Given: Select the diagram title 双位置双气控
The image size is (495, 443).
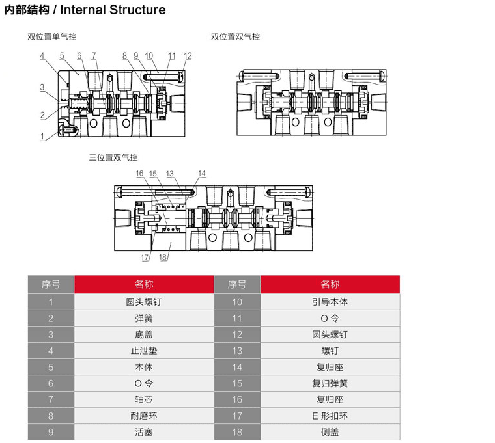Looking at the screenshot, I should (235, 37).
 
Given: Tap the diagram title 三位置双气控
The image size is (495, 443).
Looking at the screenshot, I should (113, 157).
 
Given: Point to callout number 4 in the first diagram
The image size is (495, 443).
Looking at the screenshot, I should (42, 56).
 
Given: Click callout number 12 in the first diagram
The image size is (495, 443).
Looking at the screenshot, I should (188, 56).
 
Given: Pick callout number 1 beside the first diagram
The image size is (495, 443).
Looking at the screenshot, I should (42, 136).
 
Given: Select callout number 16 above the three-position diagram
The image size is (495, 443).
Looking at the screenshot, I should (139, 174).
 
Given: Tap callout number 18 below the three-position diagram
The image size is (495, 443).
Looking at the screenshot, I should (163, 258).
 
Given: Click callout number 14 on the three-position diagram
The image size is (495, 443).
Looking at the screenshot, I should (201, 174).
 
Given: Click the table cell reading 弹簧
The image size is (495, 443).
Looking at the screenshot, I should (144, 318).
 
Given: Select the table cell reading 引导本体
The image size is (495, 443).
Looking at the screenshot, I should (330, 302).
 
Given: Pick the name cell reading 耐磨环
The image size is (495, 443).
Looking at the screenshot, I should (144, 416).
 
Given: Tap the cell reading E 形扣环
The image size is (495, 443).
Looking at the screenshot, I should (330, 416).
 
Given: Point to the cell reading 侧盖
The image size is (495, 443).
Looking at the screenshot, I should (330, 432).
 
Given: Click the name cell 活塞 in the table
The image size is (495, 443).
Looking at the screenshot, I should (144, 432).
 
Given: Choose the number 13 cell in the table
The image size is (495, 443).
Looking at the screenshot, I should (236, 351).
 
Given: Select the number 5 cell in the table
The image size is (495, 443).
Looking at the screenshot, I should (51, 367).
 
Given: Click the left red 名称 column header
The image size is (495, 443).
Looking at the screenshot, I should (144, 284).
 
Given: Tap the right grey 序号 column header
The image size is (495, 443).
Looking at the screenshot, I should (236, 284).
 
